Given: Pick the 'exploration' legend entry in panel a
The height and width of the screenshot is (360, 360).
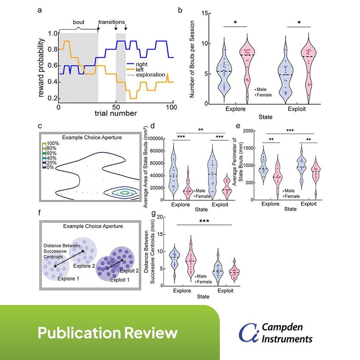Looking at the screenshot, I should click(150, 75).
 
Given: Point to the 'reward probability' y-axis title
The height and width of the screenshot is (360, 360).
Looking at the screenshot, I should click(42, 67).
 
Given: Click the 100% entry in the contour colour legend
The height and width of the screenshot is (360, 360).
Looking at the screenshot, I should click(53, 144).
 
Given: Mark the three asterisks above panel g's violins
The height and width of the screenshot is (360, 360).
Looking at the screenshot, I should click(204, 220).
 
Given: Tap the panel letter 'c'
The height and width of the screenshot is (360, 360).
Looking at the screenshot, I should click(40, 126).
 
